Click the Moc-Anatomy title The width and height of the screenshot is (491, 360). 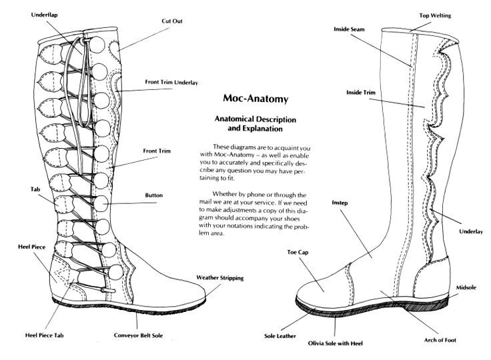point(256,98)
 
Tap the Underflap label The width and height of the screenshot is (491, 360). point(45,15)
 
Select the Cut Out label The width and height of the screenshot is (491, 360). point(172,21)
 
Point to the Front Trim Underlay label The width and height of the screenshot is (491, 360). point(171,82)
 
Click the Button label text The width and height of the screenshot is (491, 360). point(153,195)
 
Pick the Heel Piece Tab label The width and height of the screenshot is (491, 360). point(45,335)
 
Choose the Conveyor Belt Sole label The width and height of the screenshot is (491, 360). point(138,335)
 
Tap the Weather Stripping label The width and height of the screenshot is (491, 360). point(220,278)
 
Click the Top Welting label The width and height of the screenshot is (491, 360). point(435,15)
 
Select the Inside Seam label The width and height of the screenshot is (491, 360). point(349,29)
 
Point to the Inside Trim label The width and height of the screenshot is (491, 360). point(361,93)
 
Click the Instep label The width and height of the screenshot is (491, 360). point(340,203)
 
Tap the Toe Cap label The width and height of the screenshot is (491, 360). point(298,252)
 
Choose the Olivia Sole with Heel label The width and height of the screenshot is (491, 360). point(335,343)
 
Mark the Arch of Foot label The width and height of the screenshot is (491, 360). point(440,340)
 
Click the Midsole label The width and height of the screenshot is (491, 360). point(466,287)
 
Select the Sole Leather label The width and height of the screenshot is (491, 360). point(280,336)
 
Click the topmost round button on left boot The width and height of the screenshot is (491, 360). point(97,45)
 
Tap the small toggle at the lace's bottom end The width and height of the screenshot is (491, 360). point(108,291)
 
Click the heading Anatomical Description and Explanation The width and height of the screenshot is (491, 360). point(256,123)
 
